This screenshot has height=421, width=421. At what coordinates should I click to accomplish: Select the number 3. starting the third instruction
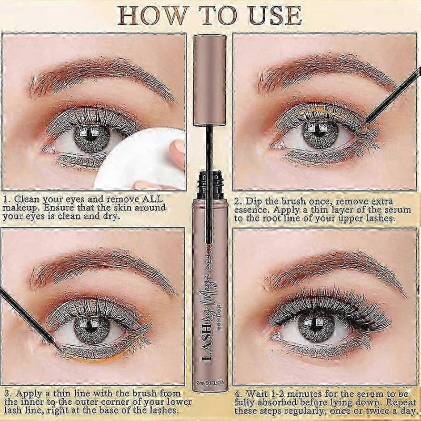(x=7, y=392)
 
